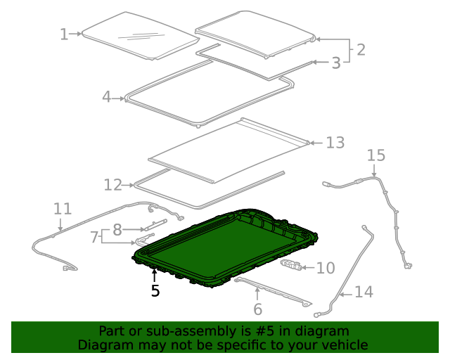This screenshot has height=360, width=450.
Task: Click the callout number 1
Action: point(64,34)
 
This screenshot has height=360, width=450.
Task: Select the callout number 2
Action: point(360,50)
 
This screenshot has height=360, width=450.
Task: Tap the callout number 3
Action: point(336,63)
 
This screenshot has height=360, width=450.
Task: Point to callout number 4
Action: point(106,97)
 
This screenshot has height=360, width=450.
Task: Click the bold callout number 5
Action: point(155,290)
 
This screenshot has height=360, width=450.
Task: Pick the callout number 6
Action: point(257,309)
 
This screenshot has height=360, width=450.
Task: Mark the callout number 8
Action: point(117,229)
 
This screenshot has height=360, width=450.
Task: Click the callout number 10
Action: point(326,268)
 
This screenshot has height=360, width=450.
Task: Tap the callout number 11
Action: point(63,209)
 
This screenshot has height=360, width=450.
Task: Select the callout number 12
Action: point(112,185)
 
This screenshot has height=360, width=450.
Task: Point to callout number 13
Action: point(335,143)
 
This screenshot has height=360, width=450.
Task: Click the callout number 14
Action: point(364,291)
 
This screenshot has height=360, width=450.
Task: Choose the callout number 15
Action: point(376,155)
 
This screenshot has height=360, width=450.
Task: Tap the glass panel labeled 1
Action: point(137,35)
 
